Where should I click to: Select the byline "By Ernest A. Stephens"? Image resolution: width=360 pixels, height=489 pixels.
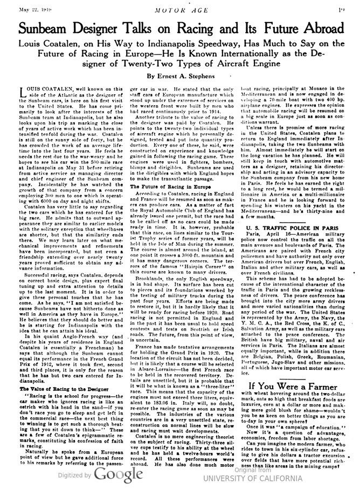click(x=181, y=75)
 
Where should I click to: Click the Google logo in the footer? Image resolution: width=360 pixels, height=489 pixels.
click(x=117, y=475)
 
